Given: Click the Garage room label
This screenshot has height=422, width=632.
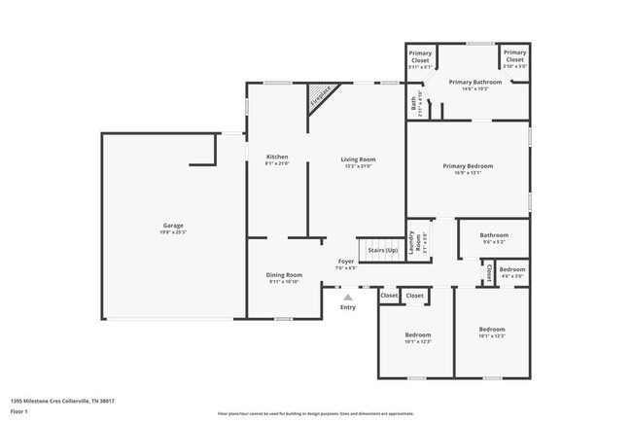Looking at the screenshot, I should (x=173, y=226).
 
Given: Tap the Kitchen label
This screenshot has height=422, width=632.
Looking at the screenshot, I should (x=277, y=157).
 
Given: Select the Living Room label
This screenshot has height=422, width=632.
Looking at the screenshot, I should (x=357, y=159).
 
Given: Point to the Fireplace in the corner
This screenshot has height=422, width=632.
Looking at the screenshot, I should (x=321, y=95).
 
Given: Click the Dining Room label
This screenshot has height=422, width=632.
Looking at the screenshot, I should (x=285, y=275).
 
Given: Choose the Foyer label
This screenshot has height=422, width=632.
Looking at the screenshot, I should (x=345, y=262).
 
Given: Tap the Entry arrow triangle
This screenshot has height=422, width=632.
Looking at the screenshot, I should (x=348, y=298).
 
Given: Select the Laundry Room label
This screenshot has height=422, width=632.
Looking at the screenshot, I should (x=415, y=242).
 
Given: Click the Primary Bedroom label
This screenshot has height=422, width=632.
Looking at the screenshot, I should (x=468, y=166).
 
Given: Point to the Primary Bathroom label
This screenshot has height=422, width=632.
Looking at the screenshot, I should (x=474, y=82).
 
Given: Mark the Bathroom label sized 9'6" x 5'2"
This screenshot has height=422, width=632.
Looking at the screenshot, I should (x=493, y=234).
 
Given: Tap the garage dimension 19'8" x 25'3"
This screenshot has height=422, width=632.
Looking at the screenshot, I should (x=173, y=233).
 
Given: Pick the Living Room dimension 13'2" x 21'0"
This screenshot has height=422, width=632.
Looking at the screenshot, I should (x=357, y=166).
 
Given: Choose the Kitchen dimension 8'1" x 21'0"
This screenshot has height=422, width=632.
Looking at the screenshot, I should (x=277, y=164).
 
